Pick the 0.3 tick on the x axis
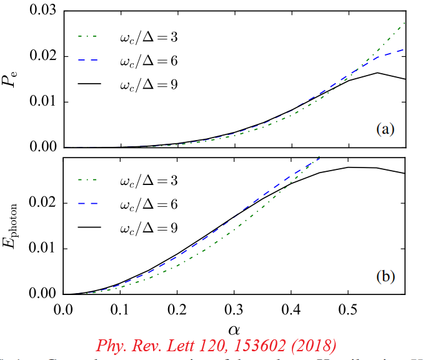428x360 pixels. tap(235, 309)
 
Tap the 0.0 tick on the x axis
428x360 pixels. tap(63, 309)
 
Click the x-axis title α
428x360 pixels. tap(234, 327)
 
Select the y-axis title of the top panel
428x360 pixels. tap(14, 79)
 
